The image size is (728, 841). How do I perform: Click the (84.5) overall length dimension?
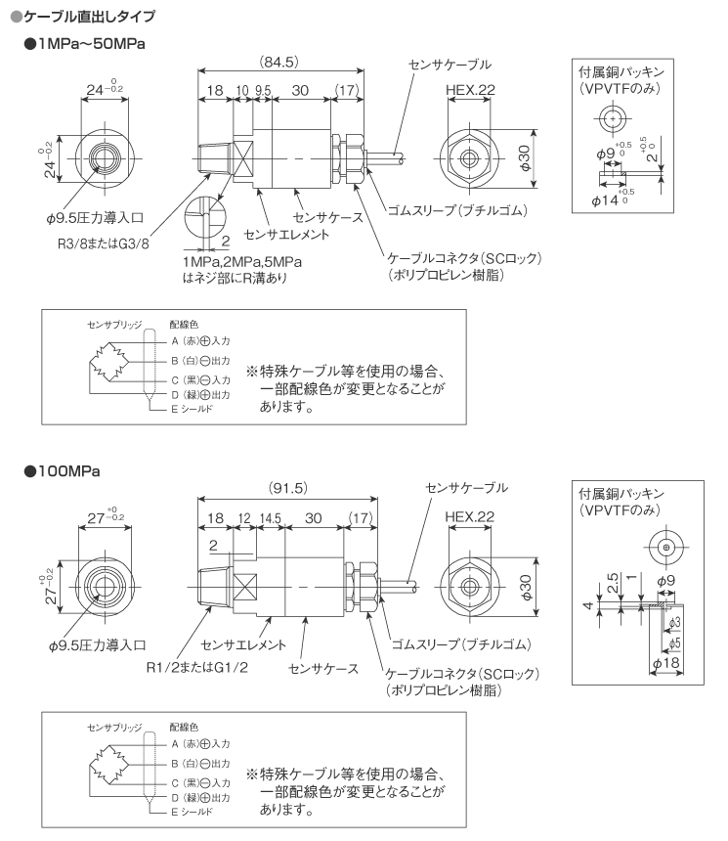tap(279, 62)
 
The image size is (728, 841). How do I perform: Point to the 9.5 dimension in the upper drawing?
tap(263, 91)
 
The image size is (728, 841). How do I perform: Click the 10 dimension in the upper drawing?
tap(242, 91)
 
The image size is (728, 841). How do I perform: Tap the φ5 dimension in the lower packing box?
tap(675, 642)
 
